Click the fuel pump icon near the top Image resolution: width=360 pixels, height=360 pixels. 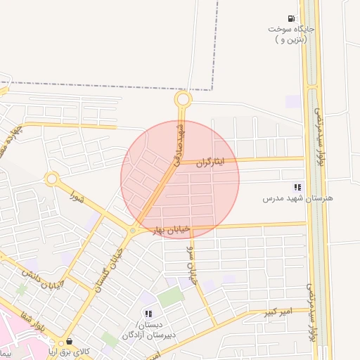coord(290,18)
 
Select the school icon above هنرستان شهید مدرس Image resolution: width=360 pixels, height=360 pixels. coord(297,188)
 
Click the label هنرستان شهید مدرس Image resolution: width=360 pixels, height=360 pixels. coord(297,198)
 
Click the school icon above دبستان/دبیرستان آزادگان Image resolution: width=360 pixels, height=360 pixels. coord(148,313)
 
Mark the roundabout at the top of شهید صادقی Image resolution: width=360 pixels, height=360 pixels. coord(183,100)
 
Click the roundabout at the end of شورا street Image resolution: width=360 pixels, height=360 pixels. coord(51,179)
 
